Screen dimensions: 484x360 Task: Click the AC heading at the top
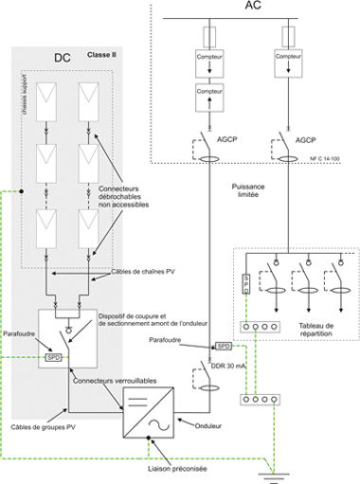click(253, 8)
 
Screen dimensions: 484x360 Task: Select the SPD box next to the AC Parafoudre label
click(224, 347)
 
